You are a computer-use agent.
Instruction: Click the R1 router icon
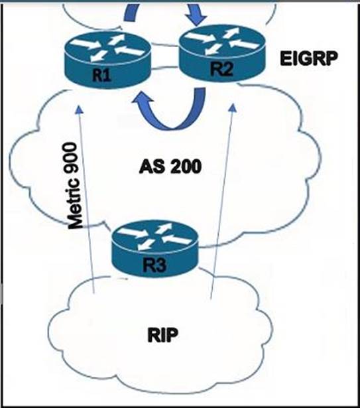[x=107, y=60]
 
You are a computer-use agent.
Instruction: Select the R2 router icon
[x=222, y=53]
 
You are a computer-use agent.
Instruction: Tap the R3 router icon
[x=154, y=248]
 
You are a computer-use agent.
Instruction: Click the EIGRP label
[x=309, y=58]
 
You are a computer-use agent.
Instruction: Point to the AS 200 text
[x=170, y=167]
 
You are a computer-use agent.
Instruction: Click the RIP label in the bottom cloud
[x=163, y=335]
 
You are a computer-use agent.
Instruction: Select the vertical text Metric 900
[x=75, y=186]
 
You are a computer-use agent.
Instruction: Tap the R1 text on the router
[x=102, y=76]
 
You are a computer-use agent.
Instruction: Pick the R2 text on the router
[x=221, y=69]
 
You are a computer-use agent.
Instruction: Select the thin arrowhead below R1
[x=79, y=109]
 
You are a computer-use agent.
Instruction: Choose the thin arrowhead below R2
[x=233, y=108]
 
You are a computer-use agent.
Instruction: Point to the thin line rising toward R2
[x=222, y=201]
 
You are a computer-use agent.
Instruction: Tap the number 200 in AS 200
[x=186, y=167]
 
